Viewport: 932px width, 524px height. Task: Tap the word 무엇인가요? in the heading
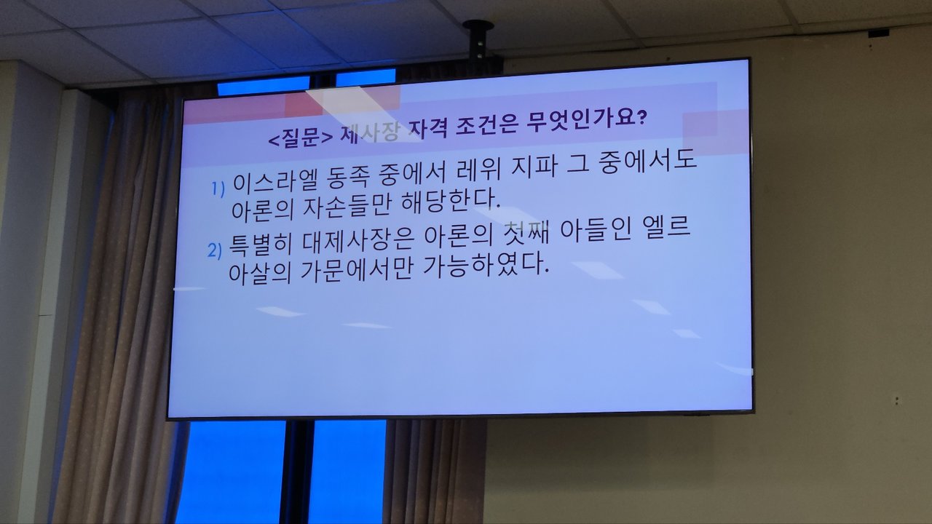(587, 121)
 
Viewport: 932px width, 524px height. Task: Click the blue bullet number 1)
(218, 188)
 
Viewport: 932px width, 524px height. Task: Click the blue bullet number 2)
(215, 251)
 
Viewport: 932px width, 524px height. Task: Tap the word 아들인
(596, 231)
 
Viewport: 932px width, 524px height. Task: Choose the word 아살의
(260, 274)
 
